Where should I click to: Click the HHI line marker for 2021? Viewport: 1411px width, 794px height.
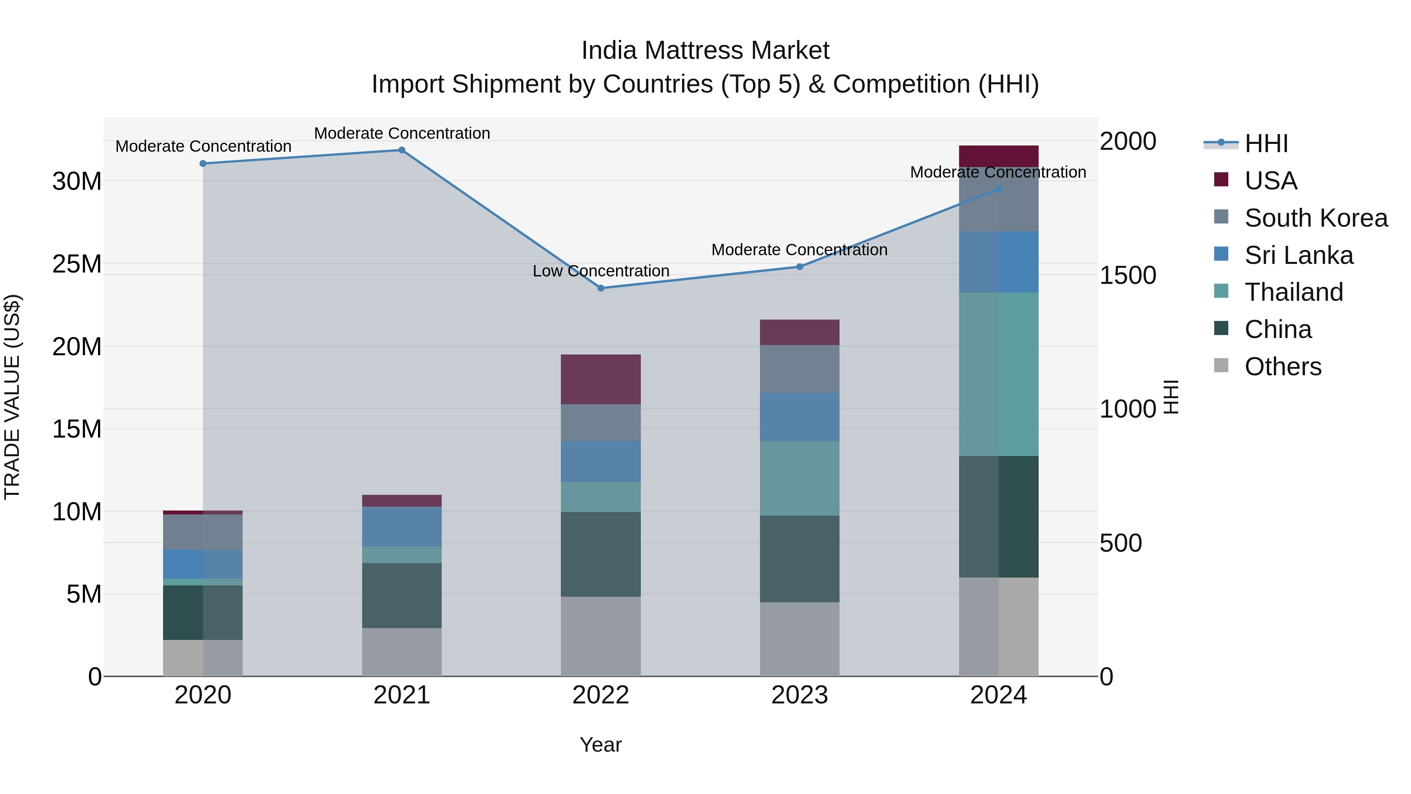pyautogui.click(x=401, y=150)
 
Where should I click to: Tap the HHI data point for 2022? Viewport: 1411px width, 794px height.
pyautogui.click(x=601, y=288)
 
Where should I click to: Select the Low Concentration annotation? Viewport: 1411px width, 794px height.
pyautogui.click(x=601, y=271)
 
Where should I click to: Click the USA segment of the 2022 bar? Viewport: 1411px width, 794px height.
pyautogui.click(x=601, y=379)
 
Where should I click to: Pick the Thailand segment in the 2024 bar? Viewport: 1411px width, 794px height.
pyautogui.click(x=999, y=374)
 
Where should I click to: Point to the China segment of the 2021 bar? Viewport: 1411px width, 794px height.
pyautogui.click(x=401, y=596)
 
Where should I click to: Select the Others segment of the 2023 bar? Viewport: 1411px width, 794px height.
pyautogui.click(x=799, y=639)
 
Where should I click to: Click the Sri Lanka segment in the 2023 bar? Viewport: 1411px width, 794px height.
pyautogui.click(x=799, y=417)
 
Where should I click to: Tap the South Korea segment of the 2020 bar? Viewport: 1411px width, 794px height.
pyautogui.click(x=203, y=532)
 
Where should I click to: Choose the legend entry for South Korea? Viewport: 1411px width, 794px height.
pyautogui.click(x=1316, y=218)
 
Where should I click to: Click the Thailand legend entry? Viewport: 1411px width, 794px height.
pyautogui.click(x=1293, y=292)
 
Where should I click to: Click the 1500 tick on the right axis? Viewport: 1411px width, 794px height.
pyautogui.click(x=1128, y=275)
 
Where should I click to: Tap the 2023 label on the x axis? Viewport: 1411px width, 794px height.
pyautogui.click(x=799, y=695)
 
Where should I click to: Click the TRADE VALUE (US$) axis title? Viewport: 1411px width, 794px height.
pyautogui.click(x=12, y=397)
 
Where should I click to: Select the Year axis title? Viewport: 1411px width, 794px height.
pyautogui.click(x=601, y=745)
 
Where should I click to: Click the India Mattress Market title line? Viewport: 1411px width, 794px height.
pyautogui.click(x=705, y=51)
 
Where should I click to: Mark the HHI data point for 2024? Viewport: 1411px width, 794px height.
pyautogui.click(x=999, y=189)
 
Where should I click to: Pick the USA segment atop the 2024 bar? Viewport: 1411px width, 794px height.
pyautogui.click(x=999, y=156)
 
